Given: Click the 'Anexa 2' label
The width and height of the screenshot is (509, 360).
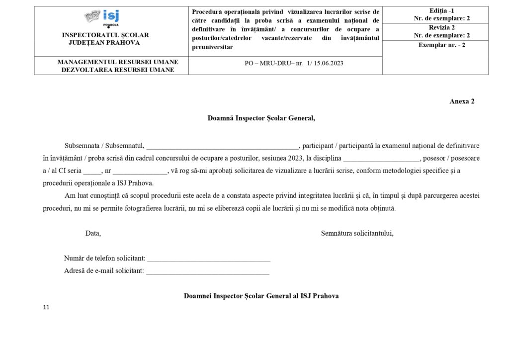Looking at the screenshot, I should [462, 101].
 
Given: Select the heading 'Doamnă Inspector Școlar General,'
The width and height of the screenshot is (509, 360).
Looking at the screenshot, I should [261, 118].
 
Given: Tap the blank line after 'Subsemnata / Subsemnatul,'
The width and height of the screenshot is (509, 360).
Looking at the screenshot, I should [223, 146].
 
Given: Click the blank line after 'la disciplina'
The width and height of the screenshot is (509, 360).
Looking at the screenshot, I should [381, 159].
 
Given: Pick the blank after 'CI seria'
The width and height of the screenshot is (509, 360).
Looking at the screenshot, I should [92, 171].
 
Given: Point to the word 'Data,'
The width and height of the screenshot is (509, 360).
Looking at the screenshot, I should [93, 233].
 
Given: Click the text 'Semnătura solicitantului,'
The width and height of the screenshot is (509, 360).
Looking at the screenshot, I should [357, 233].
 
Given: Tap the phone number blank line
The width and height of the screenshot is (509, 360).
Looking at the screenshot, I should [209, 259].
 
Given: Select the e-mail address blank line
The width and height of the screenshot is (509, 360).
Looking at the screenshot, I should [208, 271].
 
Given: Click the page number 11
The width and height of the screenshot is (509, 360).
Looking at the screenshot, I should [46, 308].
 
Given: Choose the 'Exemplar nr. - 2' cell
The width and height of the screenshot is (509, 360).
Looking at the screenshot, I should [435, 45].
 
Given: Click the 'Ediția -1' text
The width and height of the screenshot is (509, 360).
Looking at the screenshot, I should [435, 11].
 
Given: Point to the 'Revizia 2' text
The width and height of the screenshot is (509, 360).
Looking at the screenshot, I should [435, 28].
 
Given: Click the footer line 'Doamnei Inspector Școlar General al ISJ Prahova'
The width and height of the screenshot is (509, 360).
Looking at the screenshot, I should [261, 296].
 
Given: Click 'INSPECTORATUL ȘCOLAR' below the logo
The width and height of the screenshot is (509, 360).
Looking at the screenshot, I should [105, 35].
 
